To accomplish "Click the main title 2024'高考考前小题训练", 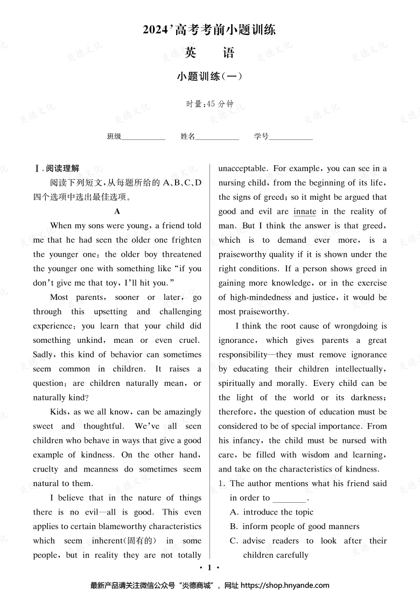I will click(209, 30).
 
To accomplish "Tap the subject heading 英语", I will click(209, 53).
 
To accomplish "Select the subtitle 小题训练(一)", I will click(209, 76).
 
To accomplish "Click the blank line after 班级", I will click(143, 137).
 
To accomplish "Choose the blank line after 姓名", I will click(217, 137).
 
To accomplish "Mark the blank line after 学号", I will click(291, 137).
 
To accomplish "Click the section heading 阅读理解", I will click(62, 168).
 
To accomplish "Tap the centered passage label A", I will click(117, 212).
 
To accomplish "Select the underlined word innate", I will click(304, 212).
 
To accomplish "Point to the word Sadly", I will click(45, 355).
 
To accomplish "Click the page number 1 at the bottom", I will click(211, 567).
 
